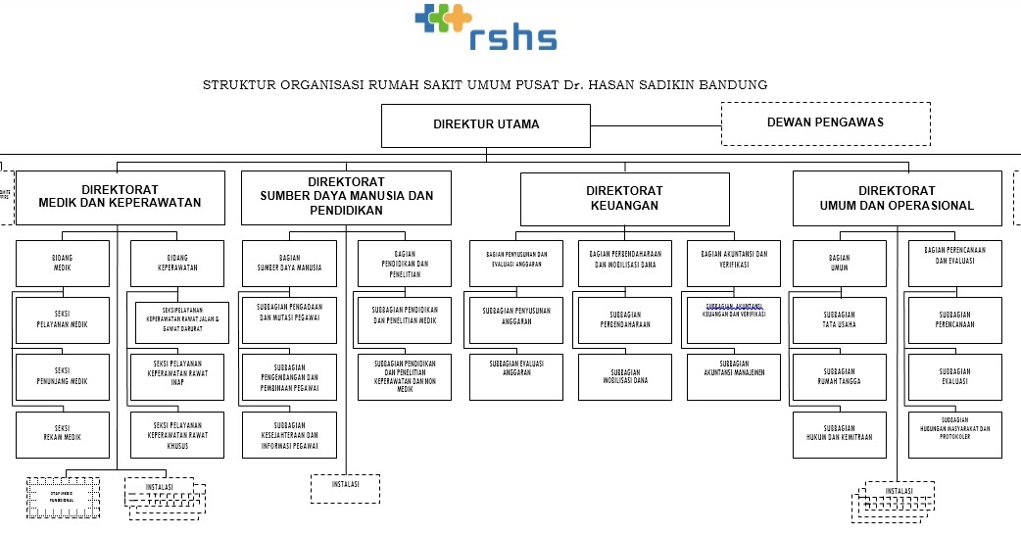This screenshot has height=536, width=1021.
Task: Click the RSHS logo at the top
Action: pos(485,27)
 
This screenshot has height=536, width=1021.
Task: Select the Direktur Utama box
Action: pos(486,124)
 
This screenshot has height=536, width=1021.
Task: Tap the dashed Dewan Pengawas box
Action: pos(825,122)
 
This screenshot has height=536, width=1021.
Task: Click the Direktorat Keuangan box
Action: pos(624,198)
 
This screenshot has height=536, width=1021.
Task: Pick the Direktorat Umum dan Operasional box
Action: pos(897,198)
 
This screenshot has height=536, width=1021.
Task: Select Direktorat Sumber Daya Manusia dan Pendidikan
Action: pos(346,196)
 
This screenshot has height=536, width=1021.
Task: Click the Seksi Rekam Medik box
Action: pos(62,434)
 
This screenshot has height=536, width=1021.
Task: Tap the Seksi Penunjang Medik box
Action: pos(62,377)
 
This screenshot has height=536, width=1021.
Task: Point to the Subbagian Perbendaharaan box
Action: pos(625,320)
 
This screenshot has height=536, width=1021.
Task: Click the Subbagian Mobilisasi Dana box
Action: pos(625,376)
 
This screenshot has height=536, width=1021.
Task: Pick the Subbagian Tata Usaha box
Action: pos(839,320)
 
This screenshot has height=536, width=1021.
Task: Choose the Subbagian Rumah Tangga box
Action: pos(839,377)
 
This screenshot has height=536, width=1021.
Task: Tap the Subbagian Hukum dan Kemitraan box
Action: pos(839,433)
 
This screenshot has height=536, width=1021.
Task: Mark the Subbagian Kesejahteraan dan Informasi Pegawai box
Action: pos(289,434)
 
